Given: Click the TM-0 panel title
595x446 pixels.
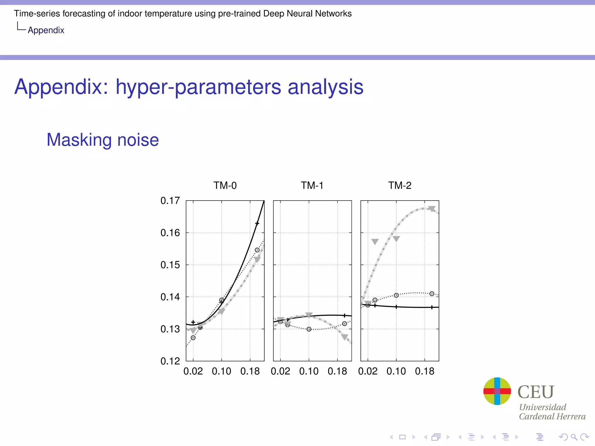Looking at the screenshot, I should (225, 185).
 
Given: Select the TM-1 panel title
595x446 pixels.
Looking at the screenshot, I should (312, 185).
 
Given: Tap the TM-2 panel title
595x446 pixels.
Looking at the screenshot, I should (400, 185).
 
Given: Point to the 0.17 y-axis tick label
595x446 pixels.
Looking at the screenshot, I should (170, 201).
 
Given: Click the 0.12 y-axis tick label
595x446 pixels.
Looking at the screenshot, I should (170, 361).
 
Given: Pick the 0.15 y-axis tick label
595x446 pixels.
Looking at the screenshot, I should (170, 265).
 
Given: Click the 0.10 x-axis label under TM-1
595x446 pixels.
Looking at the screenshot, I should (309, 371).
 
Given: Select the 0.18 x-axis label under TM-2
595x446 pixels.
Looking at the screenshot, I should (424, 371).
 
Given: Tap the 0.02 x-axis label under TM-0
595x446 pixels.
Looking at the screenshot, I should (193, 371).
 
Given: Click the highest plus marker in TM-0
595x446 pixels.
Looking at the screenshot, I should (257, 223).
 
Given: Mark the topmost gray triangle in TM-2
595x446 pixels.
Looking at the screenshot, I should (432, 209).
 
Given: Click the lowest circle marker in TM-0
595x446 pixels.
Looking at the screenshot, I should (193, 338).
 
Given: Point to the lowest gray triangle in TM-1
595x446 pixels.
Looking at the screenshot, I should (345, 337).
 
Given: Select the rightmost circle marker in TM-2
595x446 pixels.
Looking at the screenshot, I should (432, 294).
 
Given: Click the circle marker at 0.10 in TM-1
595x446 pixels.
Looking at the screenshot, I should (309, 329).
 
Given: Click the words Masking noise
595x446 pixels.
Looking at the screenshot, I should (103, 140).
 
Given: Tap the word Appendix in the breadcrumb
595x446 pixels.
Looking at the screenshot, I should (46, 30).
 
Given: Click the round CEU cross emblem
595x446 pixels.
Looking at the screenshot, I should (497, 391).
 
